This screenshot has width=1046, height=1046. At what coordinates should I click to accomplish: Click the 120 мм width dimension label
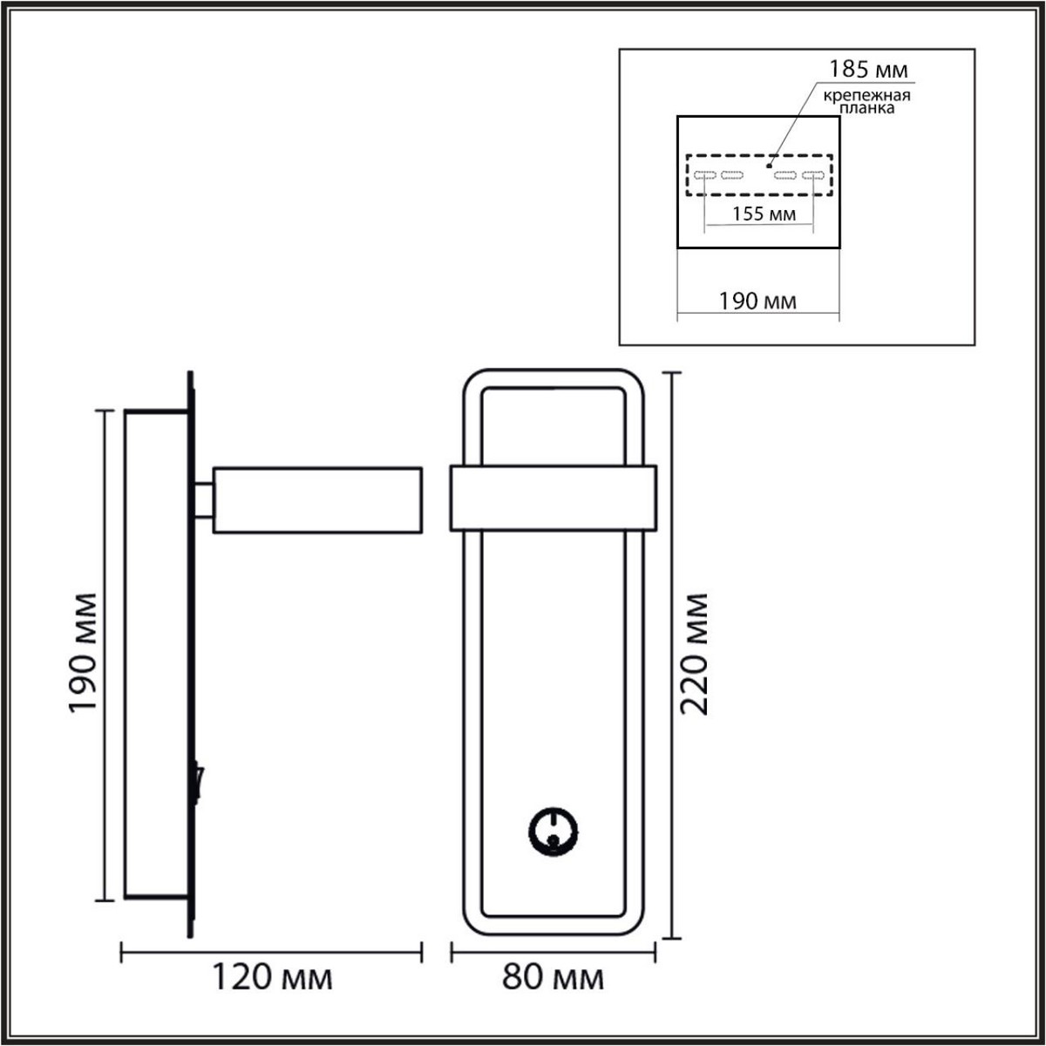click(x=273, y=978)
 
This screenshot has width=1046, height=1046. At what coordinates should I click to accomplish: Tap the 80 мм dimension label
click(x=554, y=978)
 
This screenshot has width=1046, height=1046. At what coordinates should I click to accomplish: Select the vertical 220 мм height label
click(x=695, y=654)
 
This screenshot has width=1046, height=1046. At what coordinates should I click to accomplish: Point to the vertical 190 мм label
click(x=85, y=654)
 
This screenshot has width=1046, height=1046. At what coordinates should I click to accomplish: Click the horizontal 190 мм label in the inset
click(x=757, y=302)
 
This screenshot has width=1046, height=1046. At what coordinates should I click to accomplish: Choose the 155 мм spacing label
click(x=764, y=214)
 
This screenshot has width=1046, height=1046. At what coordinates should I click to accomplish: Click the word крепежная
click(x=867, y=96)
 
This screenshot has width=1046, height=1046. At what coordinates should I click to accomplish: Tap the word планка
click(x=867, y=109)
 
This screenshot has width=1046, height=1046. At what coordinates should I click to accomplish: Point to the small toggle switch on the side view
click(x=199, y=780)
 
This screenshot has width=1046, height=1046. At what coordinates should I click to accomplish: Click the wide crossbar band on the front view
click(x=553, y=499)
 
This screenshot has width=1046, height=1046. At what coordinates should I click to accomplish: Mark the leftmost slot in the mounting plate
click(x=704, y=175)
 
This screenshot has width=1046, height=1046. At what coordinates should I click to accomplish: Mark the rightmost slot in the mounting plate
click(x=813, y=175)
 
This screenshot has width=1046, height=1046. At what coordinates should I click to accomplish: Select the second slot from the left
click(x=732, y=175)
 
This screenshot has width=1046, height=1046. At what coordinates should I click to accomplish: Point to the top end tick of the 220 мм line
click(x=670, y=372)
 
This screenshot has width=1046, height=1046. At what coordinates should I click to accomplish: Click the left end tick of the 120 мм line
click(x=120, y=952)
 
